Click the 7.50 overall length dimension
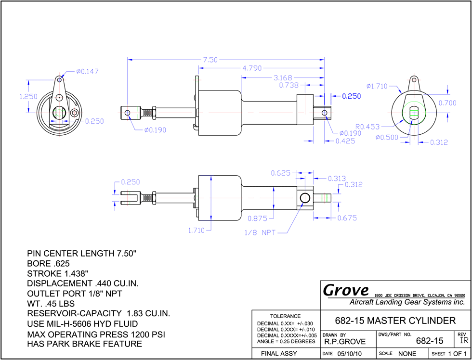click(210, 60)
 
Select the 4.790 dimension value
click(252, 68)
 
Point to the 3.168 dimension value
click(283, 78)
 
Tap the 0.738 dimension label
click(288, 85)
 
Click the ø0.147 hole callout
click(87, 72)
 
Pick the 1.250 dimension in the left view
click(28, 97)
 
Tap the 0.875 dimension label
click(257, 219)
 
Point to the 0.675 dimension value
click(347, 218)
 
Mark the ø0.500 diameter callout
click(387, 138)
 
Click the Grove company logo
click(346, 290)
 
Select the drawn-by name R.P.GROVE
click(345, 341)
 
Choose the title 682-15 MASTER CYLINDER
click(395, 321)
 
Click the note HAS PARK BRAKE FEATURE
click(84, 344)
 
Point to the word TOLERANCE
click(285, 316)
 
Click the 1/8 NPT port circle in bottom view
click(305, 198)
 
